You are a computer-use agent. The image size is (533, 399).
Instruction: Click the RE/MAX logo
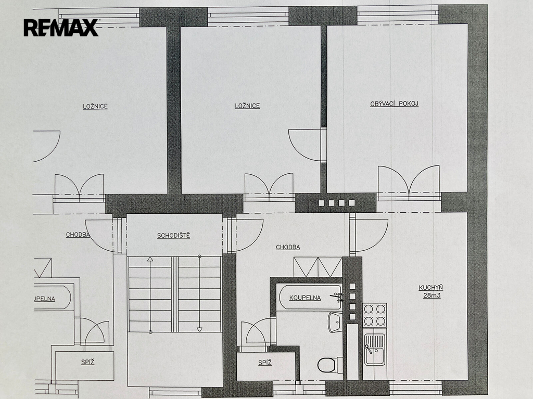click(x=61, y=28)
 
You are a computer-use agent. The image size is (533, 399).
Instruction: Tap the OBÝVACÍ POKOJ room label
click(x=395, y=104)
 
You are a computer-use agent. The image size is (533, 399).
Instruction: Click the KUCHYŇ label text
click(x=430, y=288)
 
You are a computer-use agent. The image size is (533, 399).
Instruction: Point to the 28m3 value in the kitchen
click(x=432, y=295)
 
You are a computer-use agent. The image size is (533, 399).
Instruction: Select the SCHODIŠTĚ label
click(x=173, y=236)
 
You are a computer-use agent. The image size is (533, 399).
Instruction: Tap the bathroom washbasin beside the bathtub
click(x=335, y=322)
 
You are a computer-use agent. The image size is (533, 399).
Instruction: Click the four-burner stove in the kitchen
click(x=375, y=315)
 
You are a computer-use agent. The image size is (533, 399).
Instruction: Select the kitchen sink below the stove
click(x=375, y=350)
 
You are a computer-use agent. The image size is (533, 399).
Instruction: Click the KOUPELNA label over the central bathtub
click(x=305, y=298)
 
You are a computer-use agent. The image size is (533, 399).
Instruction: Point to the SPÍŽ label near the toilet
click(x=265, y=363)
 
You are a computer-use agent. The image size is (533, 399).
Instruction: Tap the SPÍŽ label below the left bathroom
click(x=87, y=362)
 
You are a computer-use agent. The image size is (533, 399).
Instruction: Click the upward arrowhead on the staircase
click(x=150, y=259)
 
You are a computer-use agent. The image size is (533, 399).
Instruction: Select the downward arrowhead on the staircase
click(x=199, y=330)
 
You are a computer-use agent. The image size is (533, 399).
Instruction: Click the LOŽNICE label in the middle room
click(x=247, y=106)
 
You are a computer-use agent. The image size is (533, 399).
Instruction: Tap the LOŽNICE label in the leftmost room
click(x=95, y=106)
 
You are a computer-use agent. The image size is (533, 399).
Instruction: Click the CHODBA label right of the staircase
click(x=288, y=248)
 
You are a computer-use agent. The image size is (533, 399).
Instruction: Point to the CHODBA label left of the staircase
click(x=78, y=235)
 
